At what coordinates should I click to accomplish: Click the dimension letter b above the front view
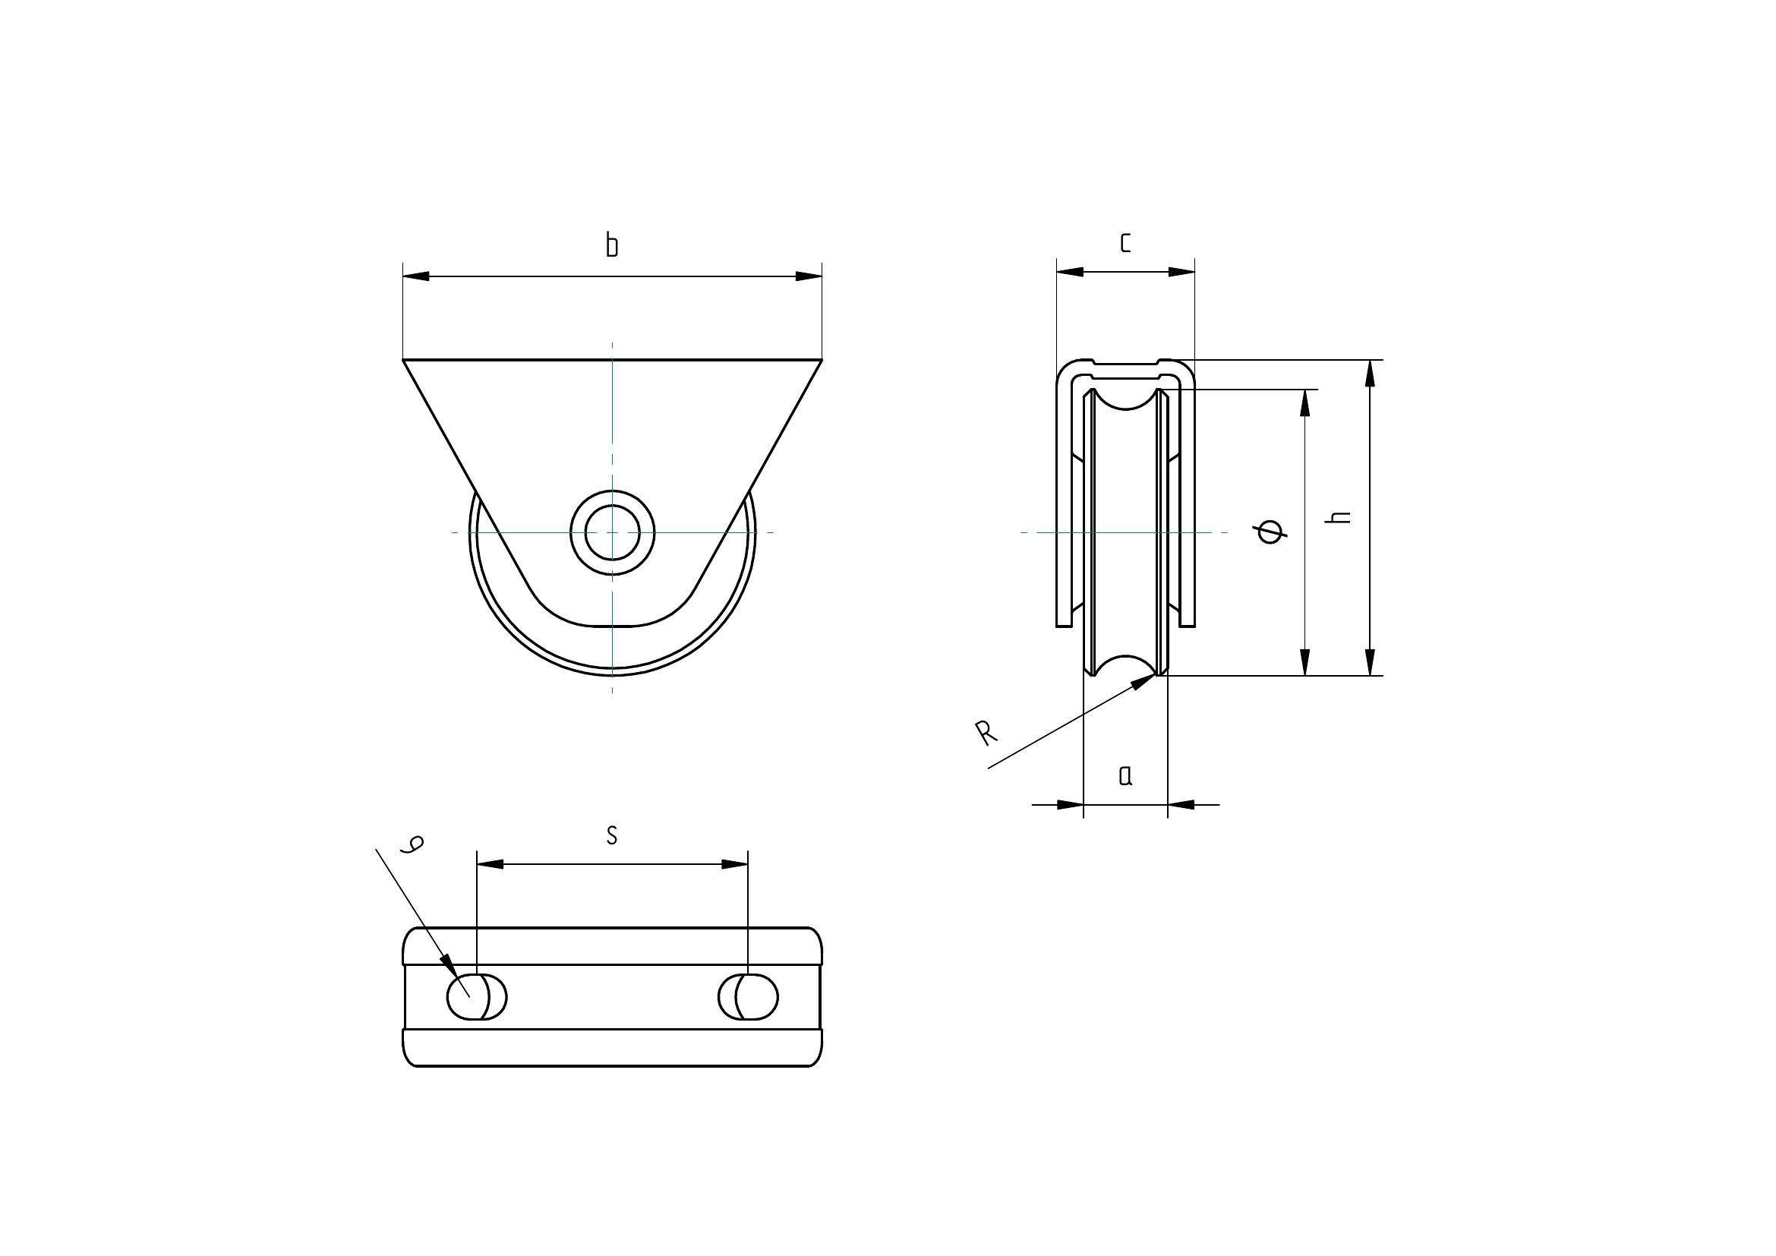click(611, 245)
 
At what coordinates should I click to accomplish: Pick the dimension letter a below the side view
click(1125, 775)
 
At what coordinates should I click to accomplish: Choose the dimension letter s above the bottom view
click(611, 835)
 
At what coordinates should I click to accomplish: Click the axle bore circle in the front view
click(612, 532)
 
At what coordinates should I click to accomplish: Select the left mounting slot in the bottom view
click(477, 998)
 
